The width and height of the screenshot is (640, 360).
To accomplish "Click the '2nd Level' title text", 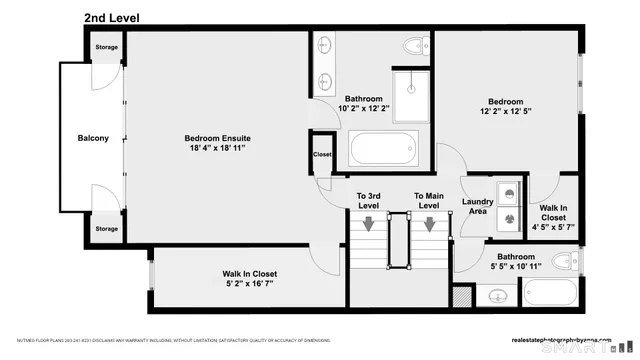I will [x=112, y=17].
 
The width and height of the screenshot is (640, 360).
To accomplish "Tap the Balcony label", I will [x=93, y=138].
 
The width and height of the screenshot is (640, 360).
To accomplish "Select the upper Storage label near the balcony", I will [x=106, y=47].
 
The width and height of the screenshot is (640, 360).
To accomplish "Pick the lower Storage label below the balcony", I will [x=106, y=229].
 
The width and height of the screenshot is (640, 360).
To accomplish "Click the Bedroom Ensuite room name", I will [x=217, y=137].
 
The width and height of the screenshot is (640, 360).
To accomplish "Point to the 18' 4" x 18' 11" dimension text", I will [x=217, y=148].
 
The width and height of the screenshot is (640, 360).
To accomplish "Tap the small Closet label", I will [x=322, y=155].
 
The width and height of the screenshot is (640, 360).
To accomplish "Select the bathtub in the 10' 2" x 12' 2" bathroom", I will [x=381, y=150].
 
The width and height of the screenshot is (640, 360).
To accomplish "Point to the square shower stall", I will [x=410, y=92].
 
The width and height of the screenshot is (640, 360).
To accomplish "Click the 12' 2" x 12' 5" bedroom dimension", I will [x=505, y=112].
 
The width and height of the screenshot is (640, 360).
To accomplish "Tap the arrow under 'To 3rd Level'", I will [x=369, y=223].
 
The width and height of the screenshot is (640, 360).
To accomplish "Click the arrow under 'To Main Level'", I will [x=429, y=223].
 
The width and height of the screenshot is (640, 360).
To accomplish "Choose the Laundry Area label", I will [x=479, y=207].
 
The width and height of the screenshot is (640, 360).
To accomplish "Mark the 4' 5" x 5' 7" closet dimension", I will [x=553, y=227].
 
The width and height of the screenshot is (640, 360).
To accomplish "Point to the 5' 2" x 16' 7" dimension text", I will [x=249, y=285].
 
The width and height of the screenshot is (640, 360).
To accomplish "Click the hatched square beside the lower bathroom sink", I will [x=461, y=297].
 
